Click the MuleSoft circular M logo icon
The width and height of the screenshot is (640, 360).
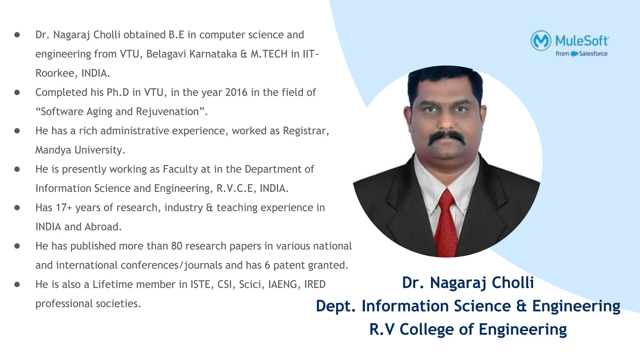coord(541,41)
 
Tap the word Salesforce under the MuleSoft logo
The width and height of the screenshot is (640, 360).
coord(593,54)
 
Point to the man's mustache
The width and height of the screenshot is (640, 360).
coord(447,137)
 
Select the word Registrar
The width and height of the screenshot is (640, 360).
coord(306,131)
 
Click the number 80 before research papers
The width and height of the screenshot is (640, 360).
coord(177,246)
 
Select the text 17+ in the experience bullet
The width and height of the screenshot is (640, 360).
coord(64,208)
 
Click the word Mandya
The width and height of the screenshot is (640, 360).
coord(53,150)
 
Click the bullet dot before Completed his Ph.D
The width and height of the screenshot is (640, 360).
coord(17,92)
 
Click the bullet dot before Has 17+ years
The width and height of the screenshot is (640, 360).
coord(17,208)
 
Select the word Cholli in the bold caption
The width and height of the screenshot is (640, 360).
coord(513,283)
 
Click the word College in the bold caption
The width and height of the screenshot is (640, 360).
coord(427,330)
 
